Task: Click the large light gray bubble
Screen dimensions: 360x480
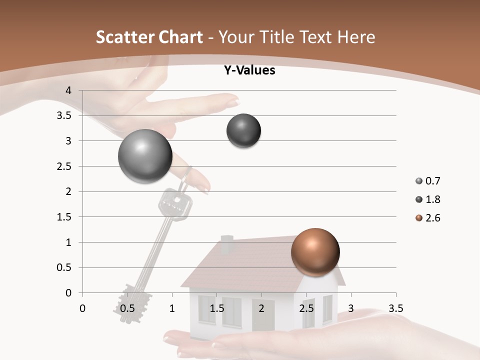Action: pyautogui.click(x=145, y=156)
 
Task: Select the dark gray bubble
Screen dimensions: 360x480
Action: pyautogui.click(x=244, y=131)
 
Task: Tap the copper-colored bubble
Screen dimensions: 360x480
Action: pyautogui.click(x=315, y=252)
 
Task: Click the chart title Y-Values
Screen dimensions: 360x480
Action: pyautogui.click(x=249, y=70)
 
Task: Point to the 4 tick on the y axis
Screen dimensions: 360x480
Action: pyautogui.click(x=68, y=90)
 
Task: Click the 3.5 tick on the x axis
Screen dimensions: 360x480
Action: pyautogui.click(x=395, y=308)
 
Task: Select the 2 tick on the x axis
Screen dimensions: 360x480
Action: pyautogui.click(x=261, y=308)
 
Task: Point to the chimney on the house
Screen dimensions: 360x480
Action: pyautogui.click(x=227, y=244)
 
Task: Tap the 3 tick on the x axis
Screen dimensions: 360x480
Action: pyautogui.click(x=350, y=308)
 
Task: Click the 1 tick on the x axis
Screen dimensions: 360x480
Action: pyautogui.click(x=172, y=308)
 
